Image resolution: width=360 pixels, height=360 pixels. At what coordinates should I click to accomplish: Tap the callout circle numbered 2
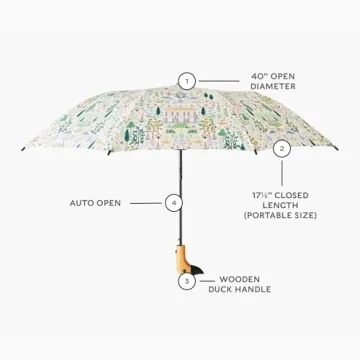[282, 147]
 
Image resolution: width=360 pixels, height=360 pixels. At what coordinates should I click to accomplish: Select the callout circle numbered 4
[176, 202]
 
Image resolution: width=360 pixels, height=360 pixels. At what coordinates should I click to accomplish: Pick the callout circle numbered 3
[187, 281]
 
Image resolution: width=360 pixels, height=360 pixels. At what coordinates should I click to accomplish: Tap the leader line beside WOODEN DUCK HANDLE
[204, 281]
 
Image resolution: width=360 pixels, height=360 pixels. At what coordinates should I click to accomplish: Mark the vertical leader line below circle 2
[282, 168]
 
